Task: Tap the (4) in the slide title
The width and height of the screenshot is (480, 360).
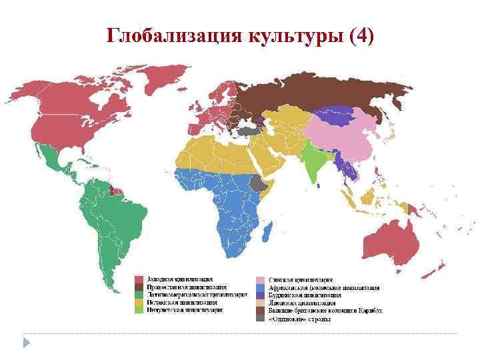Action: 361,35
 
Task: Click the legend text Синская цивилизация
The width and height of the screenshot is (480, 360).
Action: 301,279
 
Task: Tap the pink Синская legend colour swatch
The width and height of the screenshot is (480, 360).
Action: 261,279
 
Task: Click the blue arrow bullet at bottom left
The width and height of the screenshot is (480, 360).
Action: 27,342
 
